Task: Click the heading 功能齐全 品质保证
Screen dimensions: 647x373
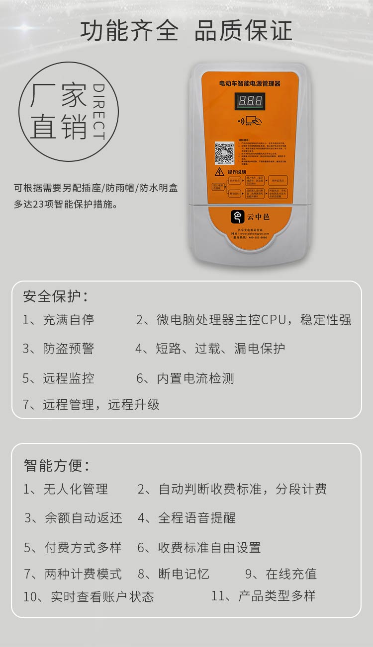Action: (186, 31)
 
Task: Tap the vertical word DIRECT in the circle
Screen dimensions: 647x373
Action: (99, 112)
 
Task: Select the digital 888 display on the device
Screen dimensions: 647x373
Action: (250, 101)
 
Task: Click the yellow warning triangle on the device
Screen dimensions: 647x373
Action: (219, 172)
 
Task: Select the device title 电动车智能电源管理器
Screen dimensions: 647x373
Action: (250, 84)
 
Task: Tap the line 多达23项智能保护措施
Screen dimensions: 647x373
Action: (66, 204)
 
